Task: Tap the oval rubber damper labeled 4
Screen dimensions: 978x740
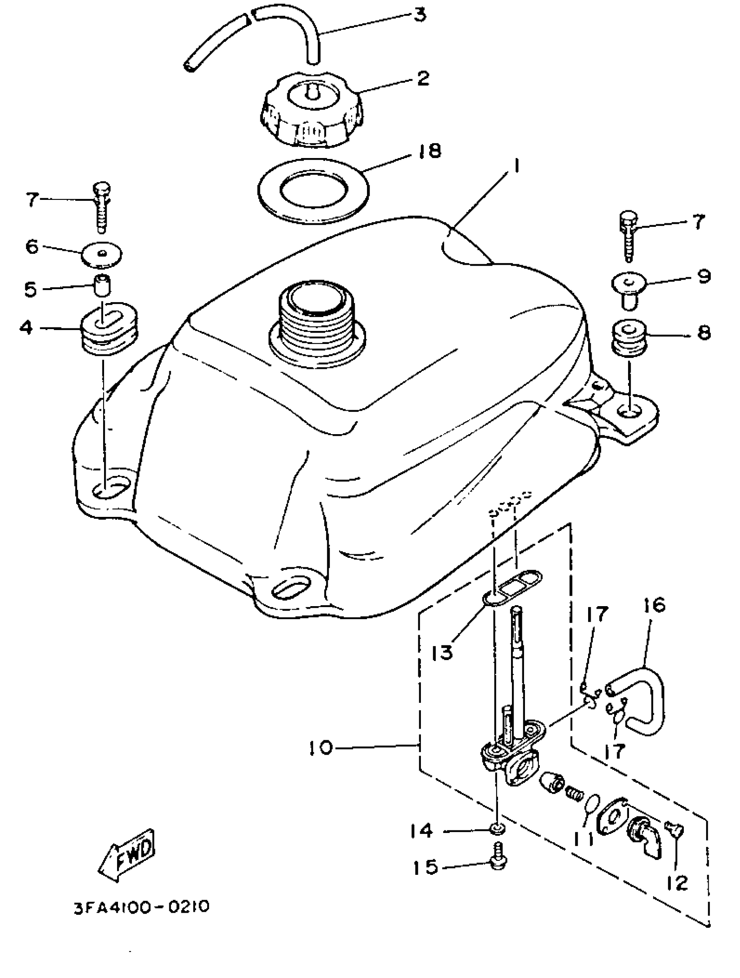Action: tap(109, 329)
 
